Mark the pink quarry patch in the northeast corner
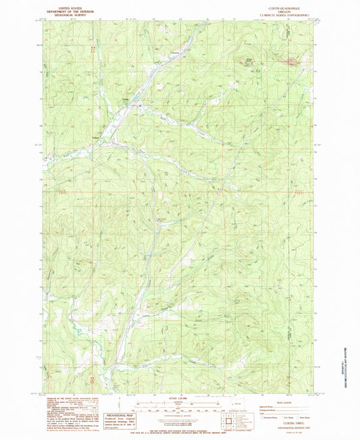pyautogui.click(x=291, y=63)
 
